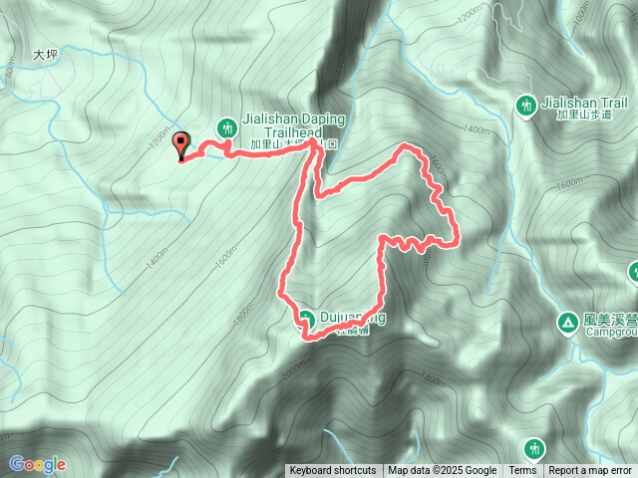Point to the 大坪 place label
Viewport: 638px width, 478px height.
pyautogui.click(x=47, y=56)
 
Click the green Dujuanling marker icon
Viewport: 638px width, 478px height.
pyautogui.click(x=306, y=319)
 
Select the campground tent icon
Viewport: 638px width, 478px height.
pyautogui.click(x=566, y=322)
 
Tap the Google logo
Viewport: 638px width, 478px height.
pyautogui.click(x=37, y=464)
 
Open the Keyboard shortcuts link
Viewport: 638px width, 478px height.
pyautogui.click(x=333, y=471)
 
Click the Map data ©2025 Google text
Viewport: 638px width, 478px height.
pyautogui.click(x=443, y=471)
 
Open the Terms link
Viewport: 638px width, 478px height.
pyautogui.click(x=522, y=471)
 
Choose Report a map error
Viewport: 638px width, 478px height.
pyautogui.click(x=590, y=471)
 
